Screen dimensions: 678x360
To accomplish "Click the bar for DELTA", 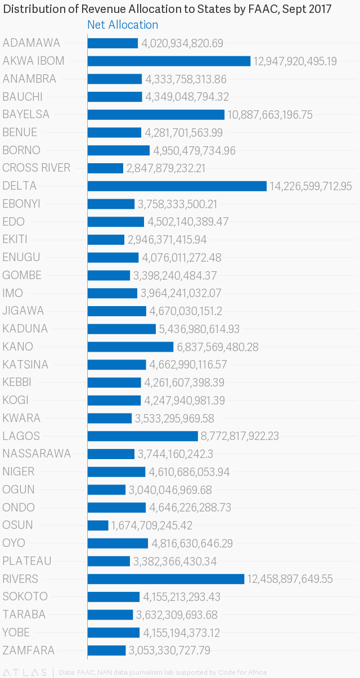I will click(x=177, y=186).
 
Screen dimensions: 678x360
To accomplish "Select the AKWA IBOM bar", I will click(x=169, y=61).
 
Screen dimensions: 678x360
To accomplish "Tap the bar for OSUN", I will click(x=98, y=525).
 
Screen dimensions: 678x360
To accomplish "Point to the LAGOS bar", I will click(x=142, y=436).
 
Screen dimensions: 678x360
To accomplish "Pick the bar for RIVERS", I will click(x=165, y=579).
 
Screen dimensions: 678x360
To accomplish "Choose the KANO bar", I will click(x=130, y=347).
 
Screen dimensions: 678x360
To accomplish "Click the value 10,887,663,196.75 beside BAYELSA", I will click(x=270, y=115).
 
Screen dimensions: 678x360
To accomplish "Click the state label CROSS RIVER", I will click(x=37, y=168).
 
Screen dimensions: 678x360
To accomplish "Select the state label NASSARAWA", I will click(x=37, y=454).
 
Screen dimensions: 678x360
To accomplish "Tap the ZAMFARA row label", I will click(x=29, y=650).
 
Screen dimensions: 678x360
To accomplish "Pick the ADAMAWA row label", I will click(x=31, y=43).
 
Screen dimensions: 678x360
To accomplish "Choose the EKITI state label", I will click(x=17, y=239).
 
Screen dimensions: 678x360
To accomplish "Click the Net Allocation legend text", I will click(x=123, y=25).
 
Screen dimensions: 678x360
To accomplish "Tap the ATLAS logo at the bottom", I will click(x=25, y=672).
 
